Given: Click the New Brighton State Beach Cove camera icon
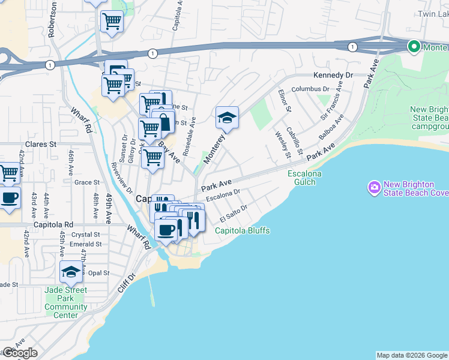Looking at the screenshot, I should [x=375, y=188].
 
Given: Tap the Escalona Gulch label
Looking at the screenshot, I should [x=305, y=178].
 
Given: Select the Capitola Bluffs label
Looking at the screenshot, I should [x=243, y=230].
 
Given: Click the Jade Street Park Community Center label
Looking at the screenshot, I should [x=66, y=302].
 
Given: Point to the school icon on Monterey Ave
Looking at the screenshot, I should [x=228, y=119].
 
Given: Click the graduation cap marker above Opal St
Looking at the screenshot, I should [x=71, y=273].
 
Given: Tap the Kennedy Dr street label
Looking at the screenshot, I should [x=333, y=75].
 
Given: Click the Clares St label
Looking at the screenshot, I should [x=41, y=145].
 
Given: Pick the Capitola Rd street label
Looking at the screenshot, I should [x=53, y=224].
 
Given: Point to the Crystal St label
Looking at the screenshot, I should [x=85, y=235].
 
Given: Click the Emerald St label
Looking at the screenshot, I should [x=85, y=244].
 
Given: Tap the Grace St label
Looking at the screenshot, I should [x=87, y=182].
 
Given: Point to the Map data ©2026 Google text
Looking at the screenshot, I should [x=412, y=355].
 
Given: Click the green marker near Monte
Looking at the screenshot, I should [x=414, y=46].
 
